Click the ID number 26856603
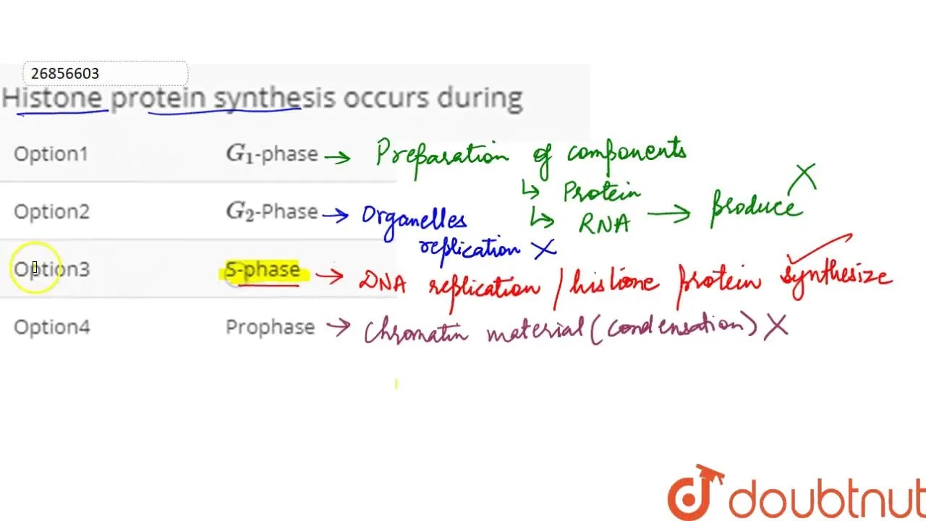coord(65,74)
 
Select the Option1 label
coord(51,153)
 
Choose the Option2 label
coord(51,211)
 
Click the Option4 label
coord(51,327)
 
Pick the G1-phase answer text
coord(272,153)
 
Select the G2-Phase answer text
coord(272,211)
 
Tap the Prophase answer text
coord(270,327)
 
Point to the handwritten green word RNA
coord(604,223)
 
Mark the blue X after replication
coord(543,248)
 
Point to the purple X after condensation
coord(776,326)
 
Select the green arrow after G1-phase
coord(338,156)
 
